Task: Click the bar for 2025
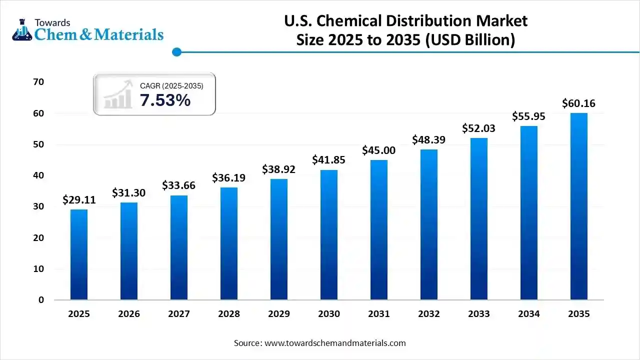click(x=79, y=254)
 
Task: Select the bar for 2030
click(x=329, y=235)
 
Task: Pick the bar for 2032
click(x=429, y=224)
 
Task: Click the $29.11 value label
click(x=79, y=200)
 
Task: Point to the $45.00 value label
click(x=379, y=150)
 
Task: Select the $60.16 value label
click(x=579, y=103)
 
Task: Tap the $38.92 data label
click(x=279, y=169)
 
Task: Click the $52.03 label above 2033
click(x=479, y=128)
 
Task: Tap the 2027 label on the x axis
click(x=179, y=314)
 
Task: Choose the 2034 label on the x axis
click(x=529, y=314)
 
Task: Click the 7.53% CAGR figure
click(x=165, y=100)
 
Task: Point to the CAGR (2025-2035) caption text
click(x=171, y=86)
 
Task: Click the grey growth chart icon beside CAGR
click(x=118, y=94)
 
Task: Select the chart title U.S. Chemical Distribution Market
click(x=405, y=21)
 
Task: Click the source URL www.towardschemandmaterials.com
click(x=334, y=343)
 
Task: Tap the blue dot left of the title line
click(x=176, y=51)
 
